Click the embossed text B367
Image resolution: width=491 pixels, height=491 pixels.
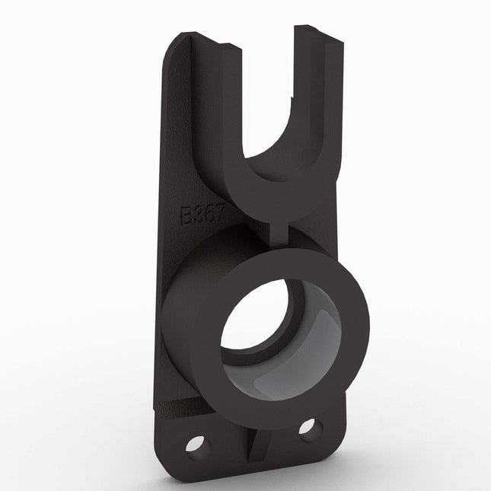(x=201, y=215)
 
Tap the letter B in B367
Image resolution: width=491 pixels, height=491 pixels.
(x=187, y=215)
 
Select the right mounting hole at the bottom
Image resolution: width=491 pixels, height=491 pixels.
(x=308, y=428)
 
